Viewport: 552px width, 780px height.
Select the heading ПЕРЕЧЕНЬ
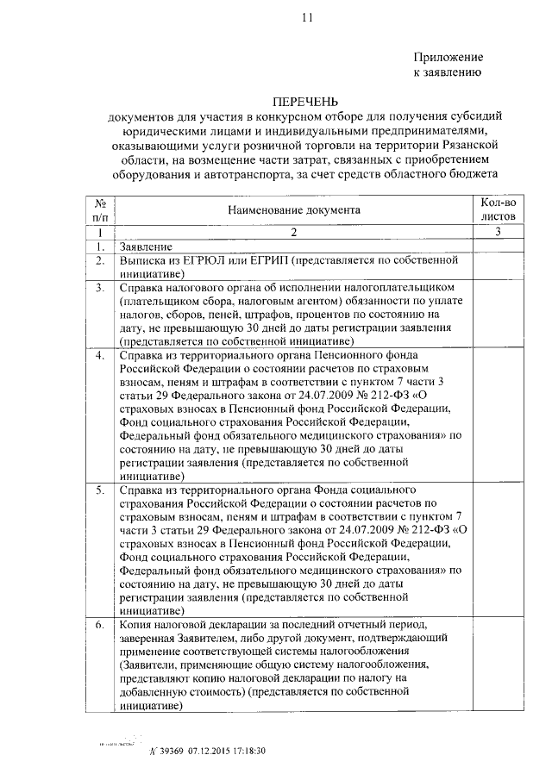(307, 101)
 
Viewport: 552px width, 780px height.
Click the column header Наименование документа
(292, 209)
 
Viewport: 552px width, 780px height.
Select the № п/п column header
(101, 209)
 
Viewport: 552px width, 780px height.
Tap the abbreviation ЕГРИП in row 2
(264, 259)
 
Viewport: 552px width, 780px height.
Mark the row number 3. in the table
(101, 287)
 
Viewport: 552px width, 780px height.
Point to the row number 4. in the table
(101, 355)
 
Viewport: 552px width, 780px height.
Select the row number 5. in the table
(101, 490)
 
